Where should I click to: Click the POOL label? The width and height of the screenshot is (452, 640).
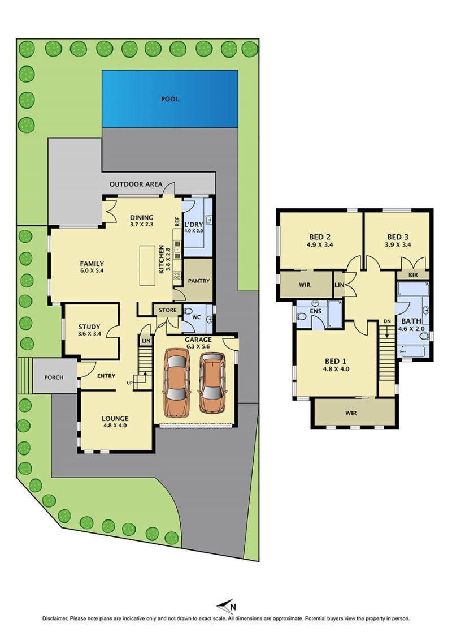click(x=170, y=99)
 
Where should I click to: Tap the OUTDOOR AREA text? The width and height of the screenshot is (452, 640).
click(x=136, y=184)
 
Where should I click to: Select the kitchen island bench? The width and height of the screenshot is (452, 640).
click(x=147, y=265)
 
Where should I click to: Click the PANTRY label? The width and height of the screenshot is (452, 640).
click(x=199, y=281)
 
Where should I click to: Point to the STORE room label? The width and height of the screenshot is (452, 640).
click(x=168, y=310)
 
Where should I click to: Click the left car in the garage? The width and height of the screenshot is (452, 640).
click(x=176, y=383)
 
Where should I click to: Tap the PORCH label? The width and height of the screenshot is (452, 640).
click(x=54, y=377)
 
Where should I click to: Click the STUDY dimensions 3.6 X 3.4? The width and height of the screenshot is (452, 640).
click(x=89, y=333)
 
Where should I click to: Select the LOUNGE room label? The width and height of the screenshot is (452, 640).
click(x=115, y=418)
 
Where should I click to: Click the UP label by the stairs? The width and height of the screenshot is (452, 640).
click(x=129, y=383)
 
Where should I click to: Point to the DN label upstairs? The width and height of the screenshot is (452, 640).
click(x=387, y=321)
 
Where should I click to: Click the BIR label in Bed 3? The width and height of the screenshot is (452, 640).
click(x=413, y=275)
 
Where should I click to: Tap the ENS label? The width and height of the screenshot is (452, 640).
click(x=316, y=311)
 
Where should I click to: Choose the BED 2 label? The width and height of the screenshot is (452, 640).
click(x=320, y=237)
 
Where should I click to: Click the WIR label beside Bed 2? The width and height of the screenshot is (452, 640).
click(x=305, y=285)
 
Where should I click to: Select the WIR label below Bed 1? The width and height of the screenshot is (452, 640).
click(x=351, y=413)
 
